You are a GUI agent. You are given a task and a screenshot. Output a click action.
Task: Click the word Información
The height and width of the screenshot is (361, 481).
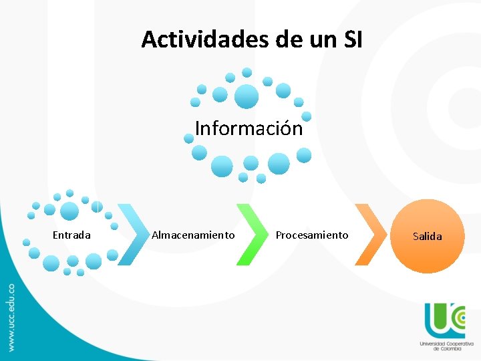[249, 128]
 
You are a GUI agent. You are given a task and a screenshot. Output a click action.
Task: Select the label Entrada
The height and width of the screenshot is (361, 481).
[71, 235]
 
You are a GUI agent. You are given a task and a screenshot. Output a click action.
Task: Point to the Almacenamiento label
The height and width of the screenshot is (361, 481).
[193, 235]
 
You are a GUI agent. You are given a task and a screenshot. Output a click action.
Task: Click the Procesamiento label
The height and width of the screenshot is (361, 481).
[312, 235]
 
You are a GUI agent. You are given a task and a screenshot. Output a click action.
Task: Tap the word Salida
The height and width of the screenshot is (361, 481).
[428, 237]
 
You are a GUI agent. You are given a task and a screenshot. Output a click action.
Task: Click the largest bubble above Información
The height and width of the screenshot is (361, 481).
[247, 96]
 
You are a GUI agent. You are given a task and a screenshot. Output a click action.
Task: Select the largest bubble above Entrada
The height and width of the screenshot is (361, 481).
[69, 211]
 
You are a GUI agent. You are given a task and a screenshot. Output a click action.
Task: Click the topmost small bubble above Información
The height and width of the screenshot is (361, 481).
[247, 72]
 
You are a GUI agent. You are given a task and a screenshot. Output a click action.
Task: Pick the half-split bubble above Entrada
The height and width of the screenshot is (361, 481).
[98, 207]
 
